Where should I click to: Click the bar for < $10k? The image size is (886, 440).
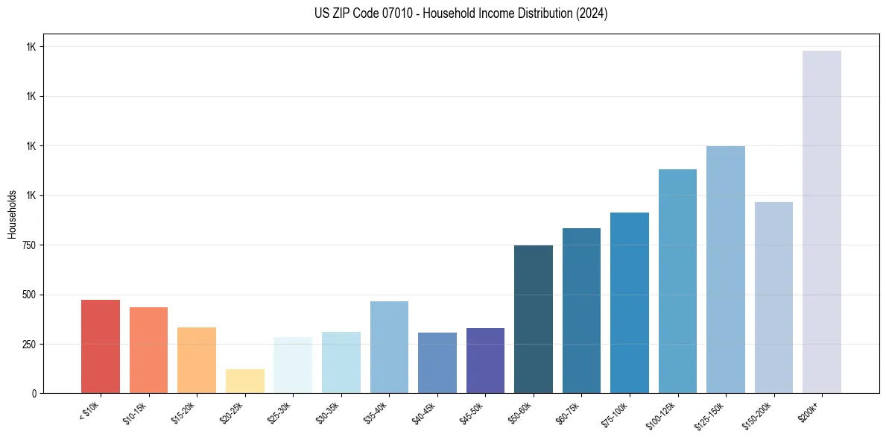click(101, 347)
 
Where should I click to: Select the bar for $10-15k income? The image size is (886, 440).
click(148, 351)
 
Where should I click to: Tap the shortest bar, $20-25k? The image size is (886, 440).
click(244, 381)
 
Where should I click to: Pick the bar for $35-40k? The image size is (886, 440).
click(389, 348)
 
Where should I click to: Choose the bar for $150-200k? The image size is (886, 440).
click(773, 298)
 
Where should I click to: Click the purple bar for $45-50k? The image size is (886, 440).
click(485, 361)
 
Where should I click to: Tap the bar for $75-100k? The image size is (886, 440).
click(630, 303)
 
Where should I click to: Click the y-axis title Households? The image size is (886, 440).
click(12, 213)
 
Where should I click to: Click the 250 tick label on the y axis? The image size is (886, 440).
click(28, 345)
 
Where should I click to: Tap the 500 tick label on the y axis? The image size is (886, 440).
click(28, 295)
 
